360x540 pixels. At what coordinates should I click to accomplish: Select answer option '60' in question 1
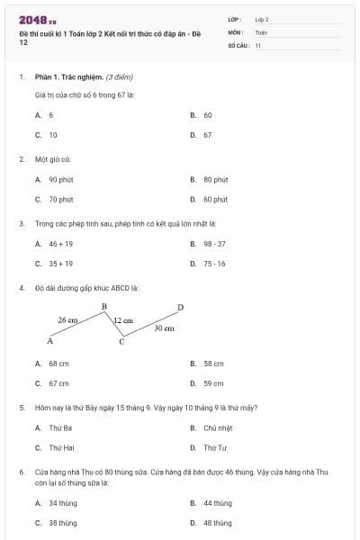point(207,116)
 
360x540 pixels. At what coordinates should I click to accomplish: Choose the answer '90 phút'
point(60,180)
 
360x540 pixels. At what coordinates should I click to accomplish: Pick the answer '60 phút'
point(215,200)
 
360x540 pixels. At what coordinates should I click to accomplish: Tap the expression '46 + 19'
point(60,244)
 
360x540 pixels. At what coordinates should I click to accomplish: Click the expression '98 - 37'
point(214,244)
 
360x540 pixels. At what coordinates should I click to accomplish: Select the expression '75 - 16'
point(214,264)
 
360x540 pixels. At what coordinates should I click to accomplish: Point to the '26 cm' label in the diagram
point(67,319)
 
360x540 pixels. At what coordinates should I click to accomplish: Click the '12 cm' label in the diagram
point(122,320)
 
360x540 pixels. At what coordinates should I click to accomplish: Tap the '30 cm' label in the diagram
point(164,328)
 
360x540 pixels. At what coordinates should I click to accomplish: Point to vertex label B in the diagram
point(104,307)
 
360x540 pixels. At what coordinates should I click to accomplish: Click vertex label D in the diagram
point(180,308)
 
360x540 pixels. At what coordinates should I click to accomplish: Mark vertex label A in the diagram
point(50,341)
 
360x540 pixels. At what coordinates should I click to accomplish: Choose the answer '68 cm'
point(58,364)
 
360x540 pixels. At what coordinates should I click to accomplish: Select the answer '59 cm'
point(213,383)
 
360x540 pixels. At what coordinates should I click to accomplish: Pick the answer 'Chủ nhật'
point(218,427)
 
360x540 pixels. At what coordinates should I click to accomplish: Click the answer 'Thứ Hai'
point(61,447)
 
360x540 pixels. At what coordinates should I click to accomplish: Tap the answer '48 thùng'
point(217,523)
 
